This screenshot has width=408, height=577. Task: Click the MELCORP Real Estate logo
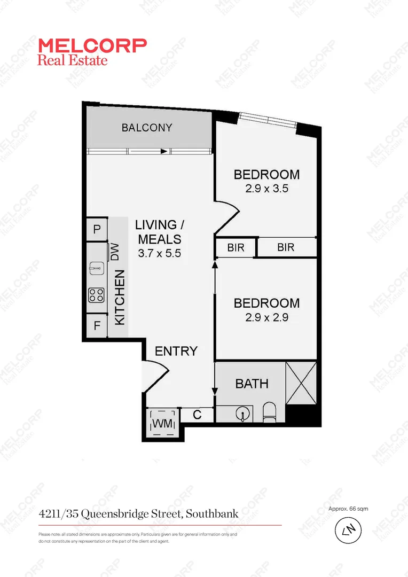[x=91, y=52]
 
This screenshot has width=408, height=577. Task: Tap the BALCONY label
[x=147, y=128]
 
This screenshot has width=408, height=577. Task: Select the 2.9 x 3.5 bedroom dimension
[x=266, y=189]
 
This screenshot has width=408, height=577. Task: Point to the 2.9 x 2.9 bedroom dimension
[x=266, y=317]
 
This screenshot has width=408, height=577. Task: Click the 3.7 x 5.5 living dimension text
[x=160, y=254]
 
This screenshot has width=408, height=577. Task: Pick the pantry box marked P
[x=97, y=230]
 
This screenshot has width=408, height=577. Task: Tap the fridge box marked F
[x=97, y=325]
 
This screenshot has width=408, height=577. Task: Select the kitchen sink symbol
[x=96, y=266]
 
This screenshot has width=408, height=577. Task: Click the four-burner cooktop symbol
[x=96, y=294]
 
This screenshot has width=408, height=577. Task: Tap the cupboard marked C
[x=197, y=414]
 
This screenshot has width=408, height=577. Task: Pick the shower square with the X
[x=301, y=383]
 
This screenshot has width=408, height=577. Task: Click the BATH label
[x=252, y=384]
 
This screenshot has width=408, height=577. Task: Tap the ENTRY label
[x=176, y=351]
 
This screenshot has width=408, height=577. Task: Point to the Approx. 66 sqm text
[x=349, y=509]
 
